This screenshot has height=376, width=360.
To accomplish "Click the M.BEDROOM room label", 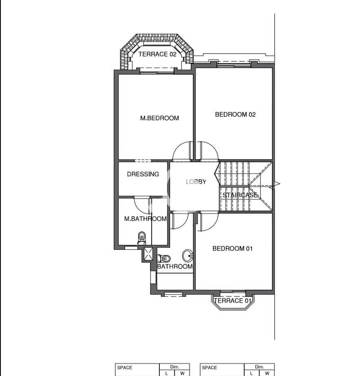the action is pos(160,118).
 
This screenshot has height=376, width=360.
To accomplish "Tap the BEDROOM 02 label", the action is pos(235,114).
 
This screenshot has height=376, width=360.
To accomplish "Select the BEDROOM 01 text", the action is pos(233,248).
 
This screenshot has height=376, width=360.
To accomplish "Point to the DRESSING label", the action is pos(143,174).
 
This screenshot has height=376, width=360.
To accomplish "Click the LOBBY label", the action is pos(196,182).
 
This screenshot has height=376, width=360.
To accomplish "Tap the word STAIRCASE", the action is pos(240,195).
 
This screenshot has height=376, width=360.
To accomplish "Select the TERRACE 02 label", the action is pos(157,54).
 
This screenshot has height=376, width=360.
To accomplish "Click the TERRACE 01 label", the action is pos(233,301).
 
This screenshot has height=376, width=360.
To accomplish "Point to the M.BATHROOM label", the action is pos(145,219).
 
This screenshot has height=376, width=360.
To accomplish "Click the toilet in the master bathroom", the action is pos(142,238).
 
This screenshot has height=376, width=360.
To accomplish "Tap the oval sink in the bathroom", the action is pos(188,255).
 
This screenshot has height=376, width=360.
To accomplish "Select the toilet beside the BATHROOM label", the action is pos(164,259).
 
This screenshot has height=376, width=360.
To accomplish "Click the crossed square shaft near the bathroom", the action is pos(148,254).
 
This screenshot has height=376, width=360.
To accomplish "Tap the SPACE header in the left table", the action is pos(125,367).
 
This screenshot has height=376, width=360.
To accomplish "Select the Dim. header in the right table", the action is pos(260,367).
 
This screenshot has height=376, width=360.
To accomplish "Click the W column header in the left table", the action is pos(182,373).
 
